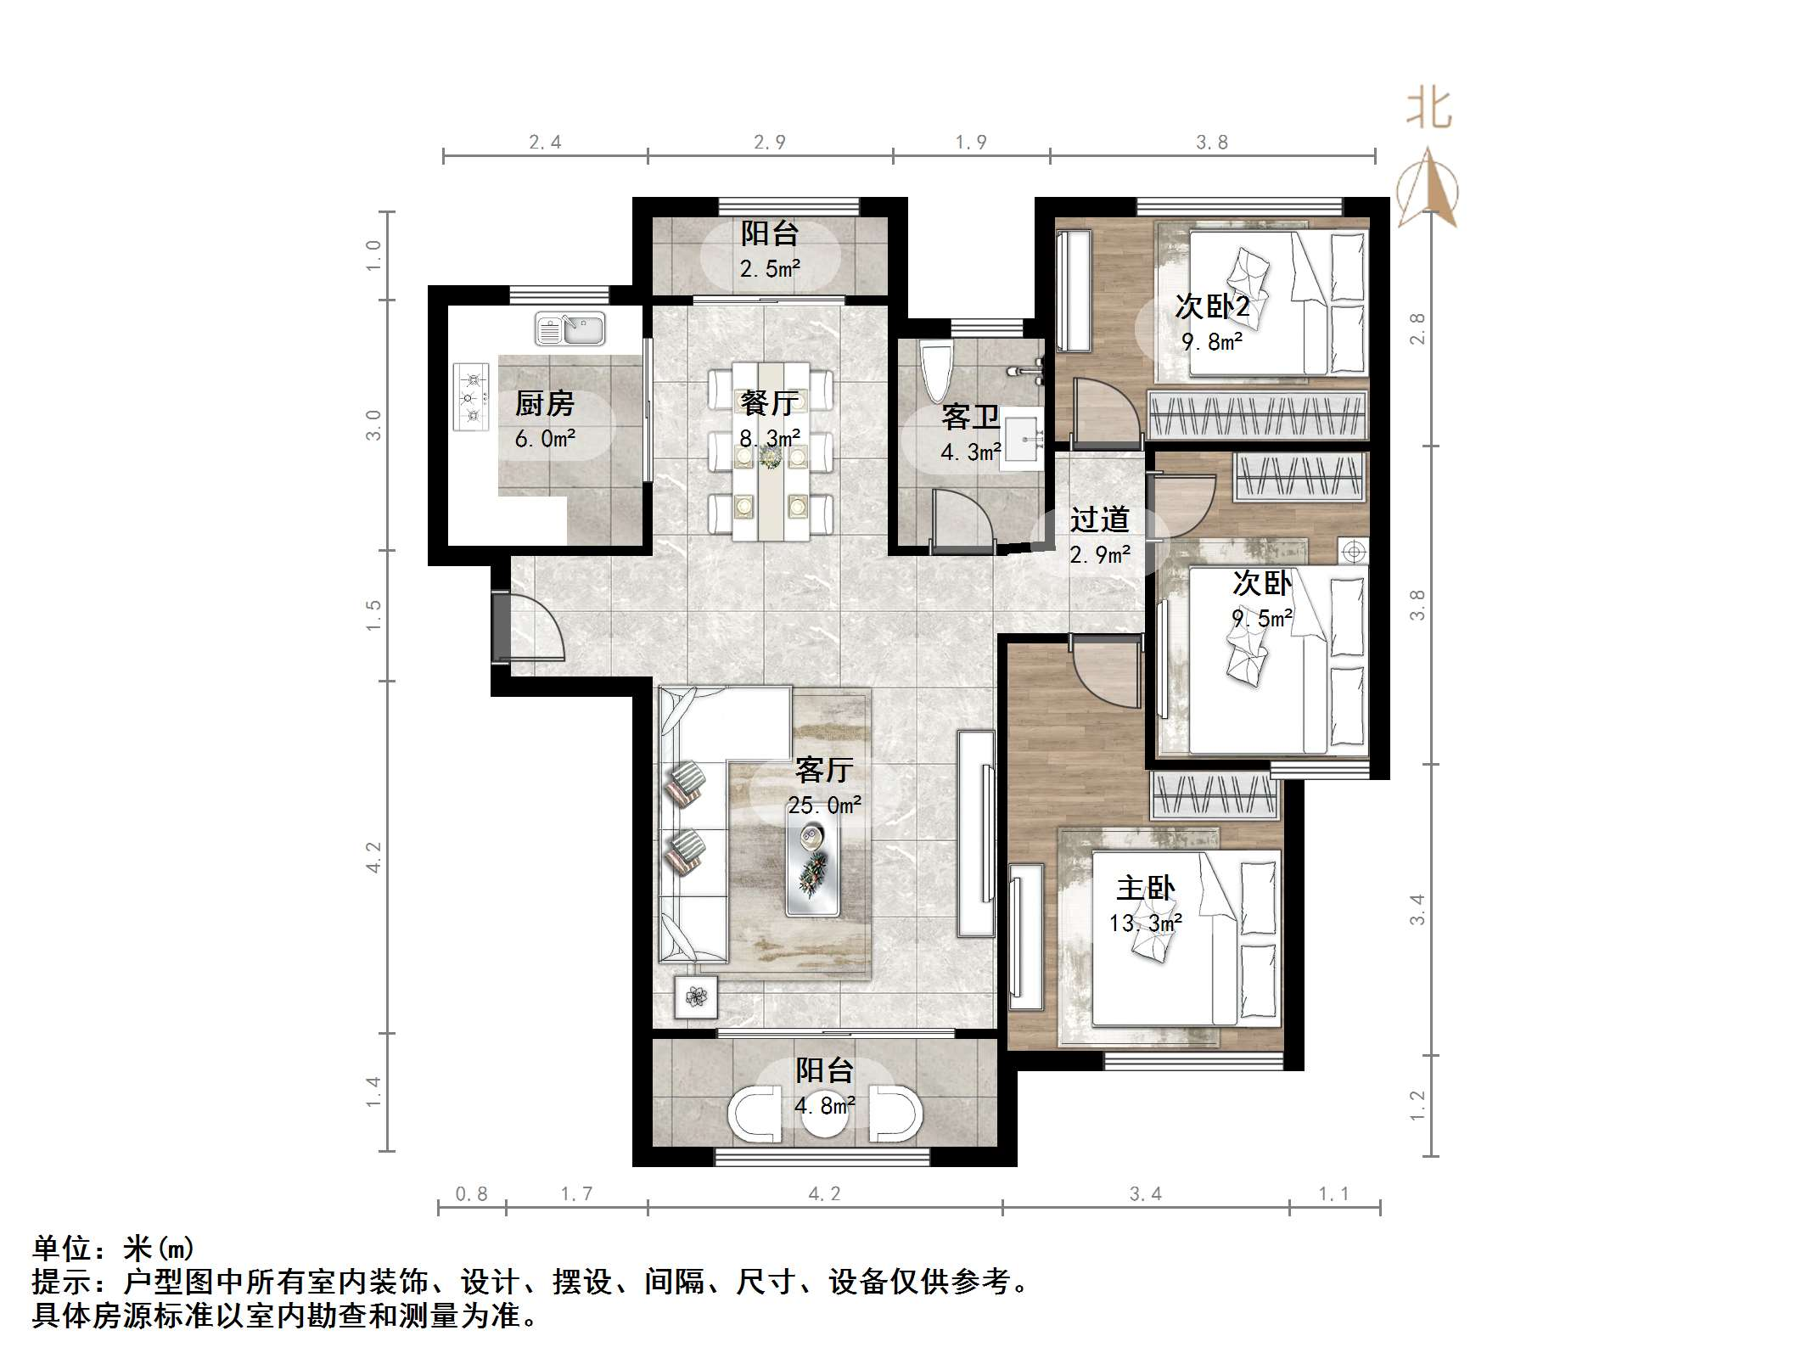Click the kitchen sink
pos(570,328)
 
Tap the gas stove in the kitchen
pos(472,396)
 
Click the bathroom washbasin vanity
pos(1025,438)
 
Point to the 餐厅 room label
pos(769,402)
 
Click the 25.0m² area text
pos(824,805)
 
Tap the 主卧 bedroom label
pos(1145,888)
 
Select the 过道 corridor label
pos(1099,519)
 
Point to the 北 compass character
pos(1428,110)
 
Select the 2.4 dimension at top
pos(545,142)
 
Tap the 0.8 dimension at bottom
pos(472,1194)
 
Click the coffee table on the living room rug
pos(813,870)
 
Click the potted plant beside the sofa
pos(696,996)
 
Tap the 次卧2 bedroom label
pos(1211,306)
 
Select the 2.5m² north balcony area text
pos(770,269)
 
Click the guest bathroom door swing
pos(962,519)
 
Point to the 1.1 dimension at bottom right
pos(1333,1194)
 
